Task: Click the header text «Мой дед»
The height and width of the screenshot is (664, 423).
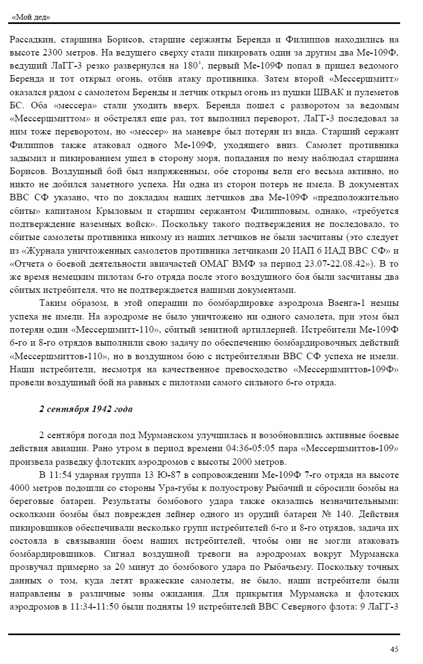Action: tap(30, 17)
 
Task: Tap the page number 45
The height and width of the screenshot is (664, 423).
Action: tap(394, 649)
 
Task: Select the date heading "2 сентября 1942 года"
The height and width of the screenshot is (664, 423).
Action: tap(86, 409)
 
